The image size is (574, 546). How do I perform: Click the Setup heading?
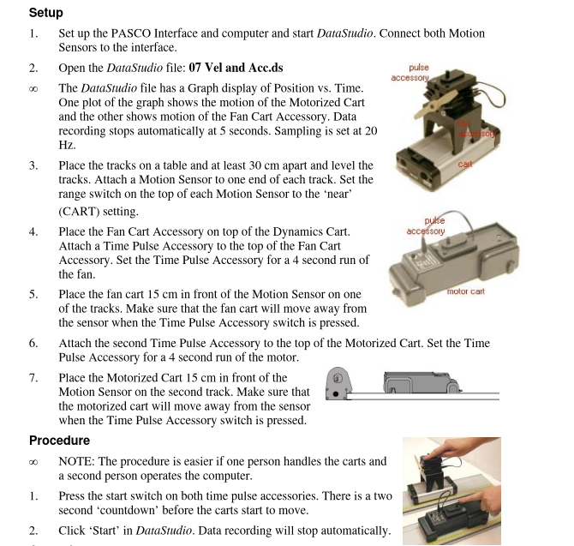(x=46, y=13)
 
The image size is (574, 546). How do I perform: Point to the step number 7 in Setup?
(x=33, y=376)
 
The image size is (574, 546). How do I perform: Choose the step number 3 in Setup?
(x=33, y=165)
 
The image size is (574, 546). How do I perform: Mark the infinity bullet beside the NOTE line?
(x=33, y=461)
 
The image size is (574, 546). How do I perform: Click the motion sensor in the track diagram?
(x=340, y=384)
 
